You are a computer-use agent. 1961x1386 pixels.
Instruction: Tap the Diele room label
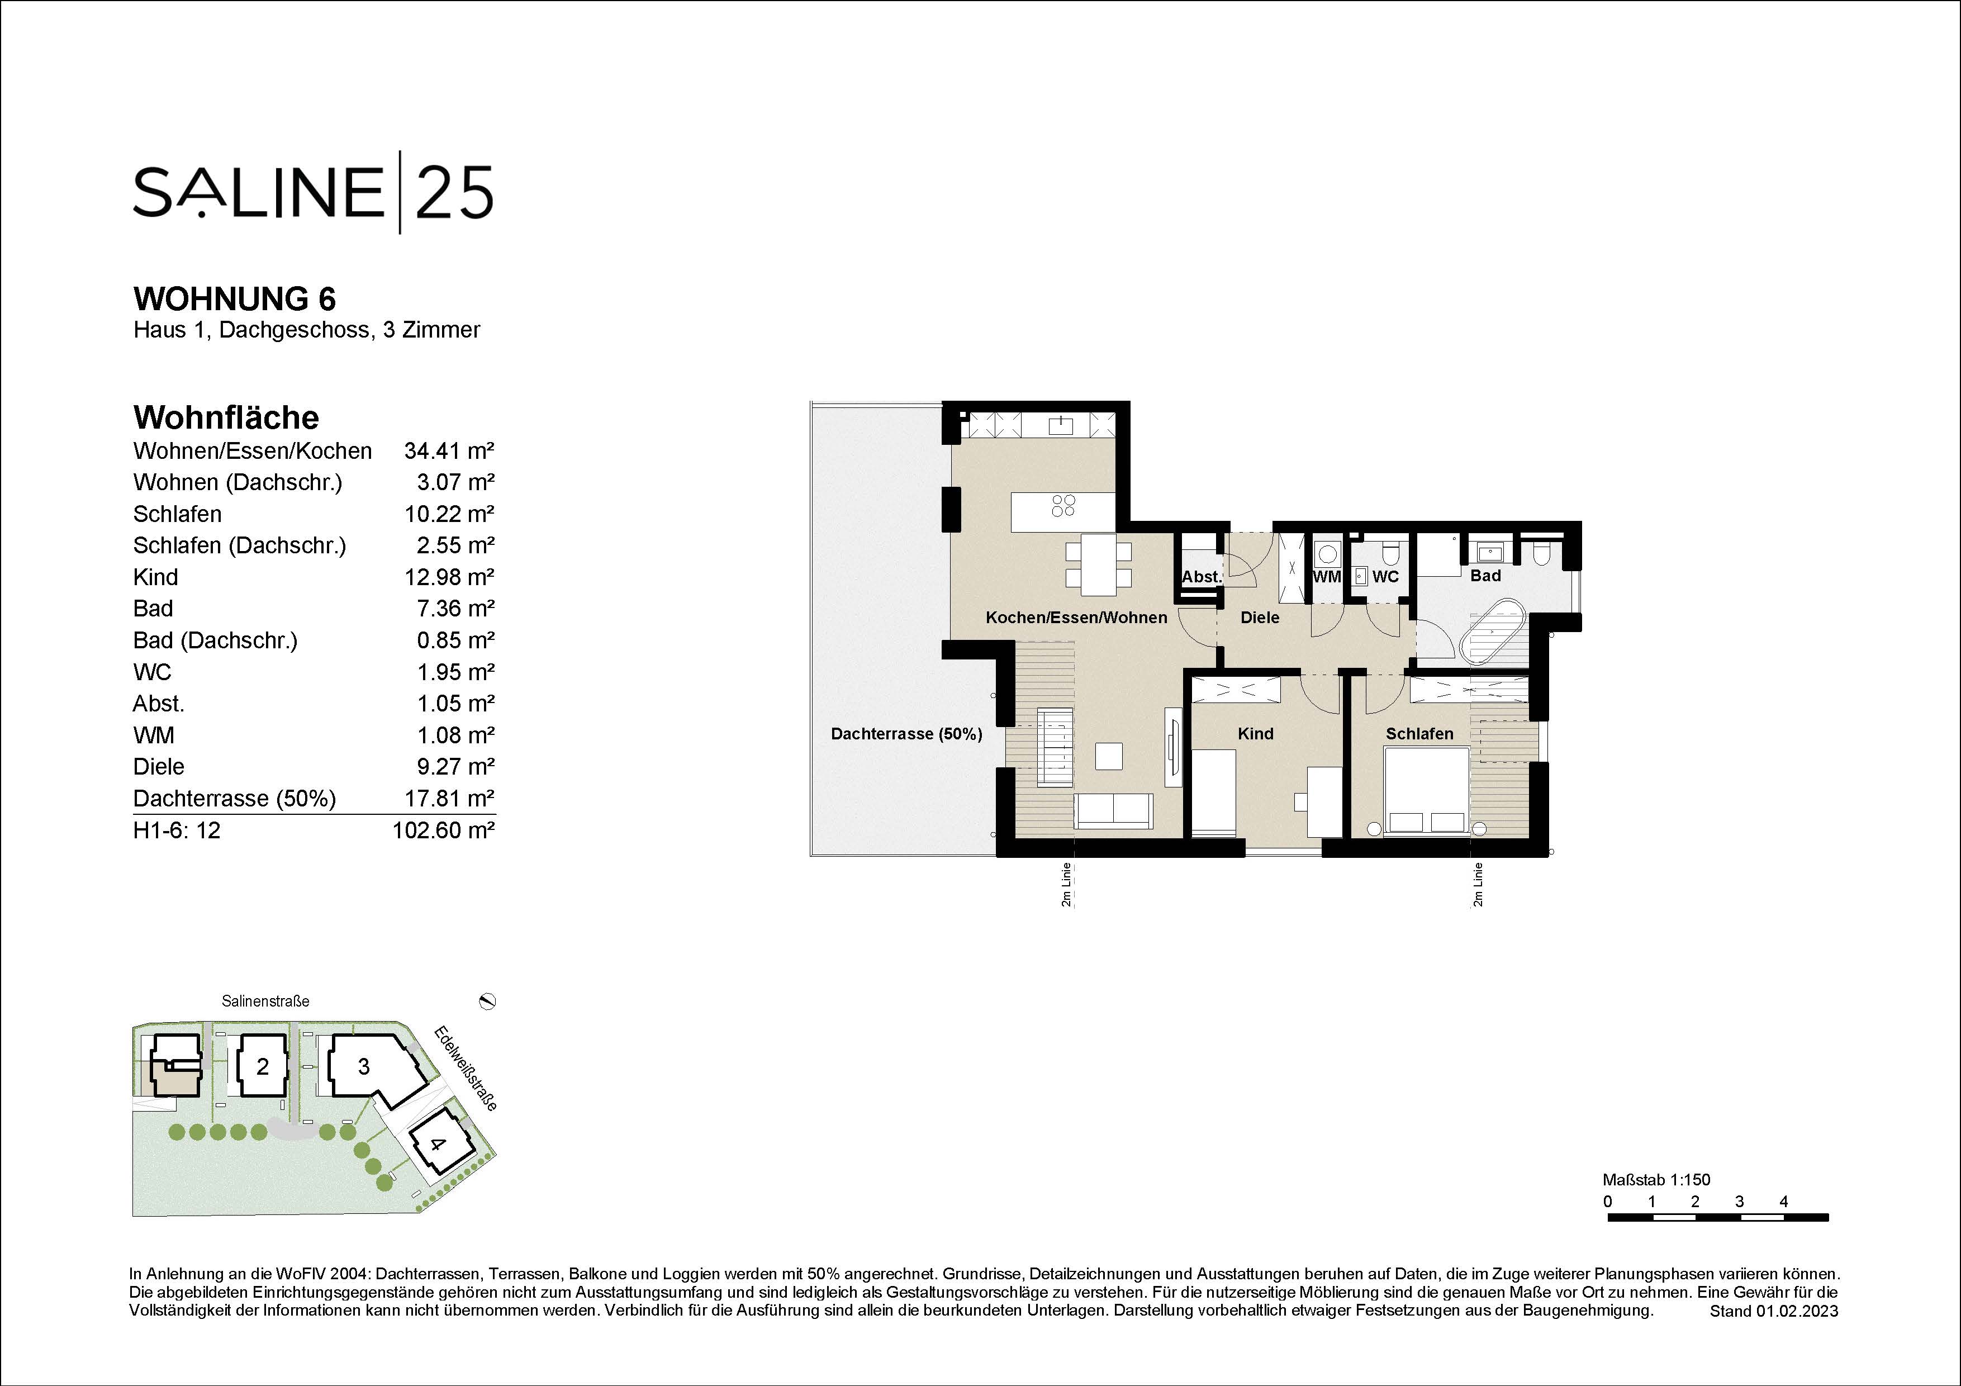pos(1260,618)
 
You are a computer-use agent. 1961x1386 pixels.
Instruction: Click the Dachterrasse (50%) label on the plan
pos(906,734)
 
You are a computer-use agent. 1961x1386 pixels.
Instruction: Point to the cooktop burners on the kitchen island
pos(1063,506)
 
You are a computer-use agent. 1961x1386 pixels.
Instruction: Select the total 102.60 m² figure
pos(443,830)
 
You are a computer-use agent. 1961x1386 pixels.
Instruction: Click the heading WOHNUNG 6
pos(235,299)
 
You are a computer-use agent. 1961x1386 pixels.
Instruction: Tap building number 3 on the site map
pos(364,1067)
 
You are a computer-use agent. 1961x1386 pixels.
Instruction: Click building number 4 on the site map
pos(437,1143)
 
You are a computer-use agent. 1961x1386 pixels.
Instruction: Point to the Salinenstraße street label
pos(265,1001)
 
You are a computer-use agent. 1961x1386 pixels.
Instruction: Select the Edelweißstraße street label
pos(466,1067)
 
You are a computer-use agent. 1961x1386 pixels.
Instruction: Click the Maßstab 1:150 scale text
pos(1656,1180)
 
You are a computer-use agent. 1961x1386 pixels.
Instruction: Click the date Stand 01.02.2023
pos(1774,1311)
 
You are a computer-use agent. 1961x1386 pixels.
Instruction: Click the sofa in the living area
pos(1114,810)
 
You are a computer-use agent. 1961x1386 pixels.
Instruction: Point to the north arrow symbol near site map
pos(488,1001)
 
